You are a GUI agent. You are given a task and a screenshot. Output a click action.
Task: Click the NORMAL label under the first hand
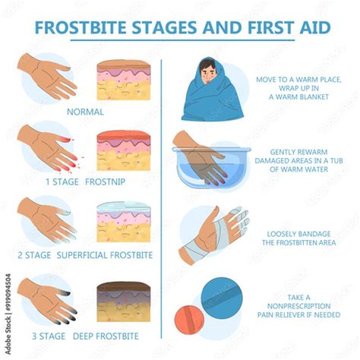(85, 112)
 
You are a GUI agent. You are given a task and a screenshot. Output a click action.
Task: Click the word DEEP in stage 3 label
(82, 335)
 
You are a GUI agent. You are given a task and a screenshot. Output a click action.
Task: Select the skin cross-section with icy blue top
(123, 222)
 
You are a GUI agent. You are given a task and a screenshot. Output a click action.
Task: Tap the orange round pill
(189, 318)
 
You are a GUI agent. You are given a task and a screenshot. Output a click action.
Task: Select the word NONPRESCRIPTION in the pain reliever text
(298, 306)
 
